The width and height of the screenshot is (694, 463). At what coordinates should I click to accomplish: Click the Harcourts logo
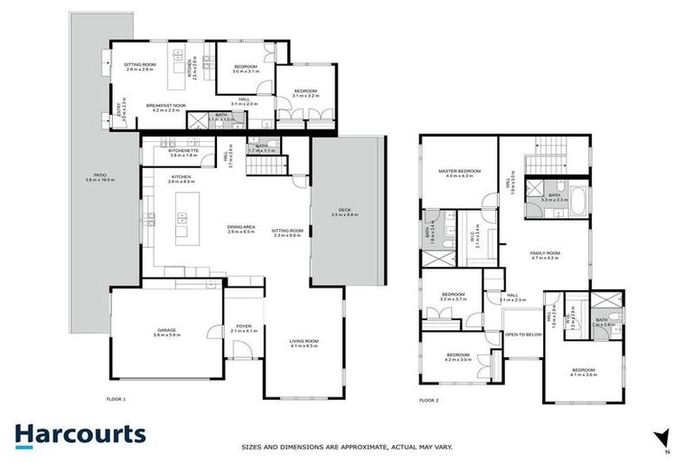coord(80,433)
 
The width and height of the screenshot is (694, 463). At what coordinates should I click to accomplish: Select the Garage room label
coord(166,332)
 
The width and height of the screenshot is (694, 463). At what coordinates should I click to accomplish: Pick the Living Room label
coord(304,342)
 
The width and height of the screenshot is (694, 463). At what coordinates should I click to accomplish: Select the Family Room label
coord(545,254)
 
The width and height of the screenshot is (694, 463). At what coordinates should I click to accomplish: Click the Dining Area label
coord(239,230)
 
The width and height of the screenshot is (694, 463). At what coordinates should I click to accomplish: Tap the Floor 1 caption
coord(116,399)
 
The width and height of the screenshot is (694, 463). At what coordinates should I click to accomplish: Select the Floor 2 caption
coord(428,399)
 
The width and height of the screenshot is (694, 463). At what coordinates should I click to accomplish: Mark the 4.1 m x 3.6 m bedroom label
coord(583,372)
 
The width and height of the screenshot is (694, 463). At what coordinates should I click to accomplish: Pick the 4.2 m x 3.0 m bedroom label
coord(457,356)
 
